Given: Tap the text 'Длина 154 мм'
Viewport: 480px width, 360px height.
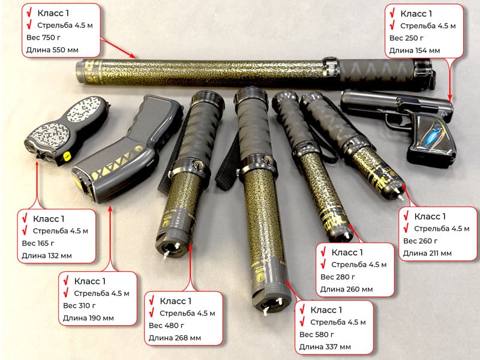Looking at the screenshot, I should [415, 50].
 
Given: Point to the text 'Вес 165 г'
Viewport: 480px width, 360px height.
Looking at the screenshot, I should [40, 243].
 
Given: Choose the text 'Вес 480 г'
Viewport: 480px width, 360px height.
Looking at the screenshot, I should [166, 325].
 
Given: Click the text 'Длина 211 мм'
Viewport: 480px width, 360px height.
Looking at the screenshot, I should [427, 253].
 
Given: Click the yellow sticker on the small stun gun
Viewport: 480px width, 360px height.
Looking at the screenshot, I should [65, 155].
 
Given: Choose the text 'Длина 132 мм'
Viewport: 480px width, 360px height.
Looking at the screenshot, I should [46, 256].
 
